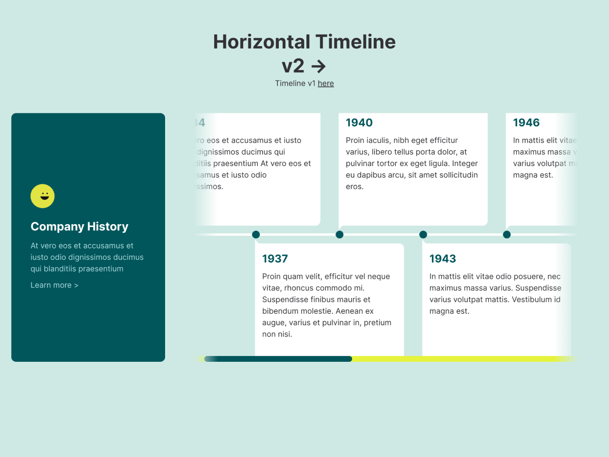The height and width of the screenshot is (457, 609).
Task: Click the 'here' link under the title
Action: tap(326, 83)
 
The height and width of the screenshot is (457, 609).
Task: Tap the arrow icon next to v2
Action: tap(318, 66)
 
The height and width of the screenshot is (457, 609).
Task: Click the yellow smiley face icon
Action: tap(43, 196)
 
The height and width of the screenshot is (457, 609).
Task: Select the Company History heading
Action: tap(79, 227)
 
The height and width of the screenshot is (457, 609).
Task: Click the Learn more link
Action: tap(54, 285)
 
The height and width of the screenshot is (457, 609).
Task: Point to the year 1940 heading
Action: tap(359, 123)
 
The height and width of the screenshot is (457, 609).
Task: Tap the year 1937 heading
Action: tap(275, 259)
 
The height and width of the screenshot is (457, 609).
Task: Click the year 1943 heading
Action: tap(442, 259)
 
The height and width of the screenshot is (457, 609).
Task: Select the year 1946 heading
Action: tap(526, 123)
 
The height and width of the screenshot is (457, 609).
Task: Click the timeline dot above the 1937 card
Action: tap(256, 234)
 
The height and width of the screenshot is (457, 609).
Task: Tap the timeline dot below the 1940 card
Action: tap(340, 234)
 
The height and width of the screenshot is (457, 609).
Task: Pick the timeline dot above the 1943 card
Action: tap(423, 234)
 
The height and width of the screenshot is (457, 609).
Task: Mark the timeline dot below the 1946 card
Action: tap(507, 234)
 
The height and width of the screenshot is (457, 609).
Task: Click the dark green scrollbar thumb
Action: tap(278, 359)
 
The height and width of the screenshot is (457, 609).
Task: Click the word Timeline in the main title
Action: tap(355, 42)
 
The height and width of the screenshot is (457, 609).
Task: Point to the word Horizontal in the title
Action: tap(262, 42)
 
